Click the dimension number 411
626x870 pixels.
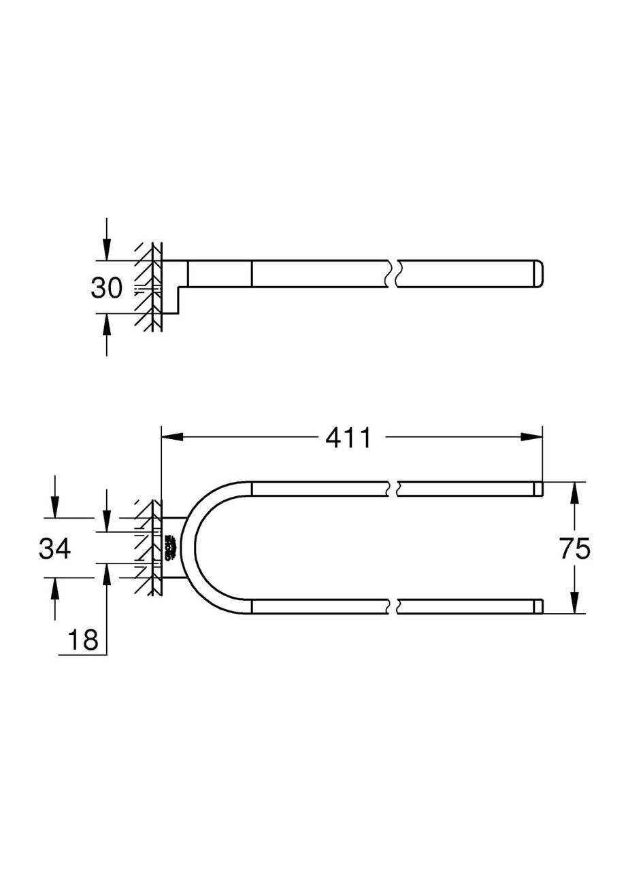point(348,438)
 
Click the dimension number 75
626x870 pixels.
point(575,548)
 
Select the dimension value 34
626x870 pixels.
point(54,548)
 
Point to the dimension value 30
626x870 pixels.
point(106,288)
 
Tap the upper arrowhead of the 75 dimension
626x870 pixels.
point(575,492)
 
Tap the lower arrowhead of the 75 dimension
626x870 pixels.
point(575,603)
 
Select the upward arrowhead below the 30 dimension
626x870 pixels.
point(106,324)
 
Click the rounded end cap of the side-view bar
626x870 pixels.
point(538,274)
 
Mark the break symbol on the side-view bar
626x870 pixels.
point(393,274)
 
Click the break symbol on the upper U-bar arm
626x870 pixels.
point(393,487)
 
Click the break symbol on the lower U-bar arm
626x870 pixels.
point(393,606)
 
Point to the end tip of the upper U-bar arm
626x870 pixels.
point(538,487)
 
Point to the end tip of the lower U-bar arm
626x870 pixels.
point(538,606)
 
